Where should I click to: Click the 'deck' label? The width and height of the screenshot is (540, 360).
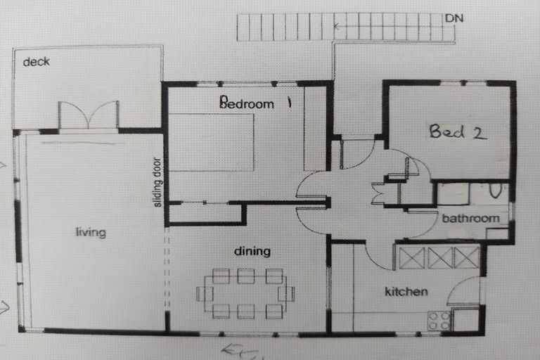(x=36, y=62)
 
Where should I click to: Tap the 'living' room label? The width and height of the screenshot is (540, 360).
(x=91, y=233)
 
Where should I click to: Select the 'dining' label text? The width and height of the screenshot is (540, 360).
(x=252, y=251)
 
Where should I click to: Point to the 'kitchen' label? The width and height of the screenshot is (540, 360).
(x=406, y=291)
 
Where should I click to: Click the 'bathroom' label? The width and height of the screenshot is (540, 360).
(x=470, y=218)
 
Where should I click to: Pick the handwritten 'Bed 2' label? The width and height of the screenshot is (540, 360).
(x=458, y=131)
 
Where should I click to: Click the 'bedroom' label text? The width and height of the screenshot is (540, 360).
(x=247, y=104)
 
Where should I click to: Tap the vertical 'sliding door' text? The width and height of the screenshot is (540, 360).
(x=158, y=181)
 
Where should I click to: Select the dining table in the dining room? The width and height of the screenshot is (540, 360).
(x=245, y=293)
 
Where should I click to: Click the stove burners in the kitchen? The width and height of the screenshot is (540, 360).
(x=439, y=320)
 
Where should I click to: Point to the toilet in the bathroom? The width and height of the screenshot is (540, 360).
(x=495, y=191)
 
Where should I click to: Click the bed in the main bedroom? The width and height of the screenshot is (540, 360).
(x=211, y=143)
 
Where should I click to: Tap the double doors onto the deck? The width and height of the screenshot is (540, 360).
(x=88, y=116)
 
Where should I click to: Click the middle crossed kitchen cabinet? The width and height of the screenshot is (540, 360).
(x=439, y=257)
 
